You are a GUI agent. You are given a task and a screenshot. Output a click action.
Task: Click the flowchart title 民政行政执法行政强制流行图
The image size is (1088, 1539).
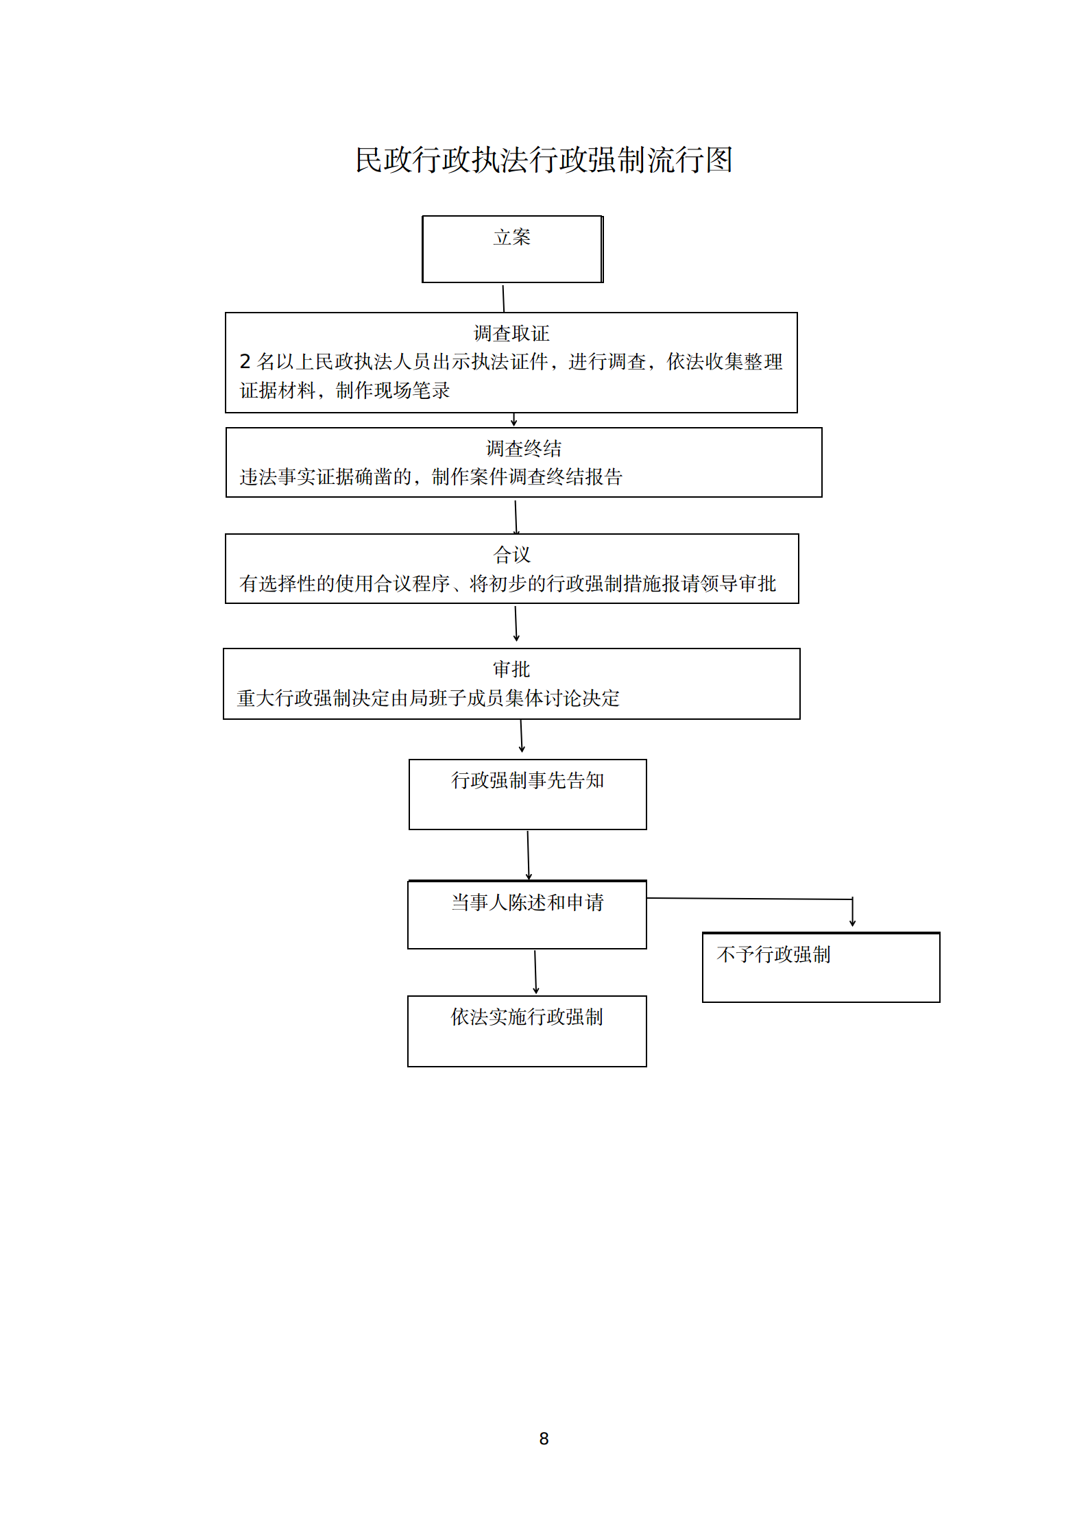[x=544, y=160]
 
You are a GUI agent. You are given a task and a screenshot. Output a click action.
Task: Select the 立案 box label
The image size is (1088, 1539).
[x=512, y=237]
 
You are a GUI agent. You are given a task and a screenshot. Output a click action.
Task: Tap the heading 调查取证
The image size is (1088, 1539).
[x=511, y=333]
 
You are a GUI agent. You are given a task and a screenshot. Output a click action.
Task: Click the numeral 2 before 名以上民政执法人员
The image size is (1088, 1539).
[x=245, y=361]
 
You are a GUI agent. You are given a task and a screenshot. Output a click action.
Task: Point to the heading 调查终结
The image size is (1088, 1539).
[x=524, y=448]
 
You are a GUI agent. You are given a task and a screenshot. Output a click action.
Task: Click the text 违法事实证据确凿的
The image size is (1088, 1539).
[x=326, y=476]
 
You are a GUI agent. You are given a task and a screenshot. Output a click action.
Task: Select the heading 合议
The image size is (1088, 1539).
[x=512, y=555]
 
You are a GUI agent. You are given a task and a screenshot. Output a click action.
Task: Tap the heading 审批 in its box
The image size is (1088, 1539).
[x=511, y=669]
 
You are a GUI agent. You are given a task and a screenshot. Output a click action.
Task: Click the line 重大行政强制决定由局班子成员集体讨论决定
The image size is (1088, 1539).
[x=428, y=698]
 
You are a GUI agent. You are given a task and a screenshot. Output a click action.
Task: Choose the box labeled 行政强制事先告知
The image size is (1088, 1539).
[x=528, y=795]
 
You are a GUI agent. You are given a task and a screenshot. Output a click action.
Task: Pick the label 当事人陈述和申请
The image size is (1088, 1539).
[x=527, y=902]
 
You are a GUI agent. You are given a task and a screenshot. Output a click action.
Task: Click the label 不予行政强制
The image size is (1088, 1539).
[x=773, y=954]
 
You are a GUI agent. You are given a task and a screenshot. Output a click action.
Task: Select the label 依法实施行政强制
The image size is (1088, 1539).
[x=527, y=1017]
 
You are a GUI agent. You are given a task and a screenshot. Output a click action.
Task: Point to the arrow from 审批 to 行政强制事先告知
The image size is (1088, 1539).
[x=522, y=736]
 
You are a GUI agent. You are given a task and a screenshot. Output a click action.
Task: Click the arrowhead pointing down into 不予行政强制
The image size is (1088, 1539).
[x=852, y=923]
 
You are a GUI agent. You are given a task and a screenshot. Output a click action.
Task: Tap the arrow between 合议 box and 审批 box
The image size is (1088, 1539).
[x=516, y=623]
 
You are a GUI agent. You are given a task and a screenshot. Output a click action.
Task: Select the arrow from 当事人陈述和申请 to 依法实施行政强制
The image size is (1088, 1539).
[x=535, y=972]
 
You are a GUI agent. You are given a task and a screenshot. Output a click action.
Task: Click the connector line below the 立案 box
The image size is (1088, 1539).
[x=503, y=299]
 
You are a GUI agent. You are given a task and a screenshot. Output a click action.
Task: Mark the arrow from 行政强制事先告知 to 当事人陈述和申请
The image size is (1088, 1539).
[x=528, y=856]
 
